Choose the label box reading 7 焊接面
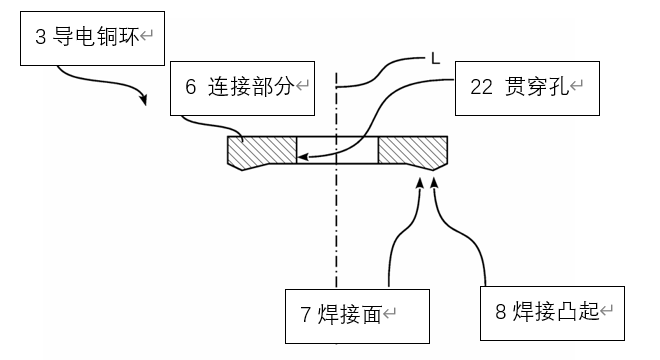click(x=357, y=314)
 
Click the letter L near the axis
click(x=435, y=59)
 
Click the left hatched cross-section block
click(x=262, y=152)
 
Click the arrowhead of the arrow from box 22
click(x=302, y=156)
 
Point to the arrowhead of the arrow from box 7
click(x=419, y=182)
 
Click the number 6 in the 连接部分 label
click(x=190, y=87)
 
